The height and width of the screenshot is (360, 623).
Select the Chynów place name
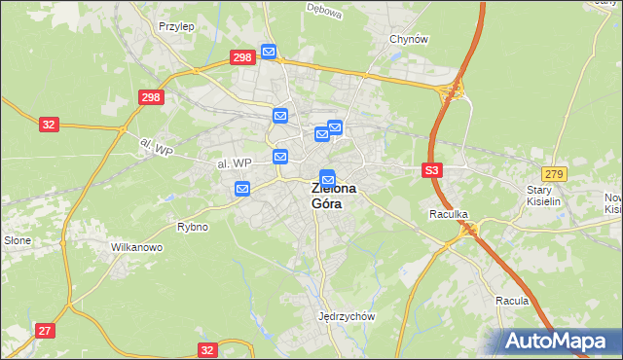coord(409,39)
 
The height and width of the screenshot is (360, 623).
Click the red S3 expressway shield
coord(433,170)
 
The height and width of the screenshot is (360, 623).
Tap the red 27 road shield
coord(45,331)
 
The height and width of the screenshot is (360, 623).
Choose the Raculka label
coord(449,212)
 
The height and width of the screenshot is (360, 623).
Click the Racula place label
coord(511,301)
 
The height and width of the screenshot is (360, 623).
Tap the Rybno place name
coord(192,227)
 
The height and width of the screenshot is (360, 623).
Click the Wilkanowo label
coord(136,248)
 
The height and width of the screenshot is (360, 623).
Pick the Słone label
coord(18,239)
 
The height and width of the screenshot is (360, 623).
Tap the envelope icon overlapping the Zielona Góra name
coord(328,179)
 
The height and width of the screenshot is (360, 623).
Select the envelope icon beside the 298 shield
coord(269,52)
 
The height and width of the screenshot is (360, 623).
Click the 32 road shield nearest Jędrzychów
coord(206,349)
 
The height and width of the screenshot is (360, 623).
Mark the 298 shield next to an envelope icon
coord(242,57)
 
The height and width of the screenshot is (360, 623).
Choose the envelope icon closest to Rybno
coord(242,189)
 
